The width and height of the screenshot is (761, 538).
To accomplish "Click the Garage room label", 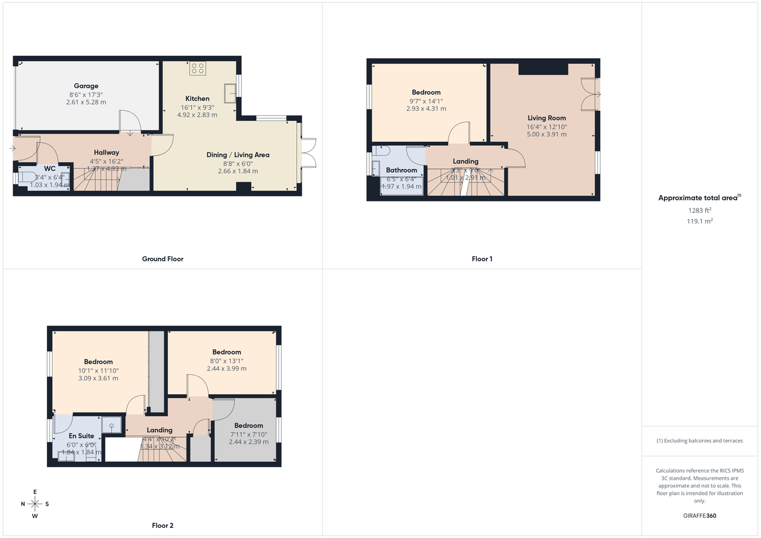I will (x=86, y=86).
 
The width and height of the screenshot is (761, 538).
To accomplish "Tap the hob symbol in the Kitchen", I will (x=197, y=68).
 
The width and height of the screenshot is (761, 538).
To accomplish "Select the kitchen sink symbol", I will (x=229, y=89).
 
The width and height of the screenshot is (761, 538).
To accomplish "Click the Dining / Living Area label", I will (x=238, y=155).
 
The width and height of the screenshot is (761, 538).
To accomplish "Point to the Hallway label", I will (x=107, y=153).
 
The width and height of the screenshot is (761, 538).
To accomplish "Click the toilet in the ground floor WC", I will (x=27, y=177).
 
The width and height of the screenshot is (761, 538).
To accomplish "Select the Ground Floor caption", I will (x=162, y=259).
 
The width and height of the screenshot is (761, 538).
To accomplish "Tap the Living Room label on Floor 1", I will (x=547, y=118).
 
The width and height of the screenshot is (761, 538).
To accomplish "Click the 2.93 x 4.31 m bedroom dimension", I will (x=426, y=108).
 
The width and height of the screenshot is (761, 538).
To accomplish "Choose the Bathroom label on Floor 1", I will (x=401, y=170).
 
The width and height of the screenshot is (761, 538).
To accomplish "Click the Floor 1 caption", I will (x=482, y=259).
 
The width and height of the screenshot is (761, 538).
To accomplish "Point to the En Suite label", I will (x=81, y=436).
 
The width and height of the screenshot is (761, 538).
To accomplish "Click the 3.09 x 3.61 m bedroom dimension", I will (x=98, y=378).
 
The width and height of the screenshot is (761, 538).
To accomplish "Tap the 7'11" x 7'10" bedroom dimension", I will (x=248, y=434).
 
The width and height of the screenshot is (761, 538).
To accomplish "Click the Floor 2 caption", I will (x=162, y=525).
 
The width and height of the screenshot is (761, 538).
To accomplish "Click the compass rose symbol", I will (x=35, y=504).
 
